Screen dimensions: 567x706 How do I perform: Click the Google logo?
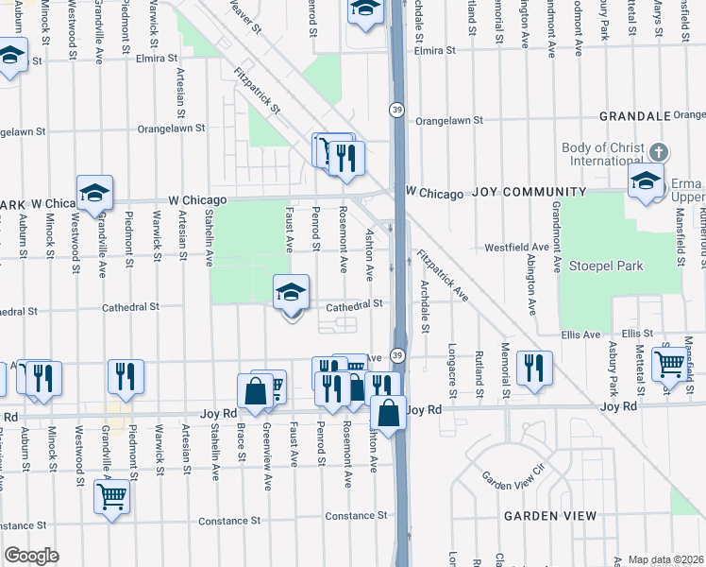(x=31, y=556)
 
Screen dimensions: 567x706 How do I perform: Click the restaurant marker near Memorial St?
(x=534, y=369)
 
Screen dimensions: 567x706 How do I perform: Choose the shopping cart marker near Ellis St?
(x=669, y=363)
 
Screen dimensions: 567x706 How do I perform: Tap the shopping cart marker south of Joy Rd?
(x=111, y=496)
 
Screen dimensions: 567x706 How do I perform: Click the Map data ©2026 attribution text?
(x=665, y=559)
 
